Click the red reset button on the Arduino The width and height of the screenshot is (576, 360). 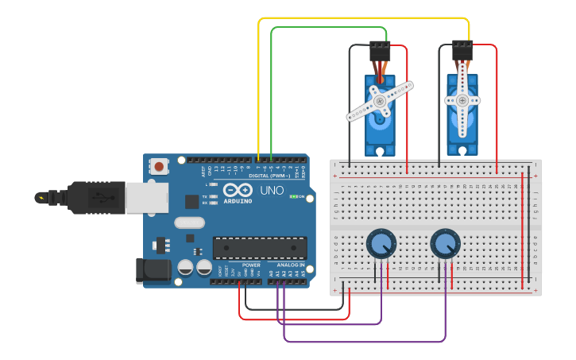[160, 167]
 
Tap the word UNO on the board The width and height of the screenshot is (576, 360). [272, 191]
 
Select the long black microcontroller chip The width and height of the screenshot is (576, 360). [259, 247]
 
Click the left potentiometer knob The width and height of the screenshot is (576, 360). [381, 243]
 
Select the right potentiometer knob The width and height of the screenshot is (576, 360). [446, 243]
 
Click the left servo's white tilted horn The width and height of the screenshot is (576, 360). [380, 101]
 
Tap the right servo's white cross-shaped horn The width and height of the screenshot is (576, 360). [462, 100]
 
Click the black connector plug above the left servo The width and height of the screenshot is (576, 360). [380, 51]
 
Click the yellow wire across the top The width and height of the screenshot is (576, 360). [358, 17]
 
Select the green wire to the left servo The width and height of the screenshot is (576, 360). [326, 28]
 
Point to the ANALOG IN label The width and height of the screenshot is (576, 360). [290, 265]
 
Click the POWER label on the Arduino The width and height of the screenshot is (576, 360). [251, 265]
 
